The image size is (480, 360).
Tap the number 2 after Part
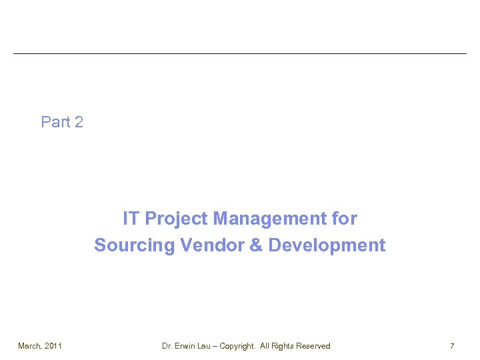point(79,122)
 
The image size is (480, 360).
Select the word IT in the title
point(131,219)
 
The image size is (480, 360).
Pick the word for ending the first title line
point(344,219)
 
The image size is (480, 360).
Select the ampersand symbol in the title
point(256,245)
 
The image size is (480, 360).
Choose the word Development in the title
point(327,245)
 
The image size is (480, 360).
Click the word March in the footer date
point(29,346)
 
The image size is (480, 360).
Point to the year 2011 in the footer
point(53,346)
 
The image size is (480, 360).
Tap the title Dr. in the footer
point(167,346)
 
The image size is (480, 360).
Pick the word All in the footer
point(265,346)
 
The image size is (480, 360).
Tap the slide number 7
point(452,346)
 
